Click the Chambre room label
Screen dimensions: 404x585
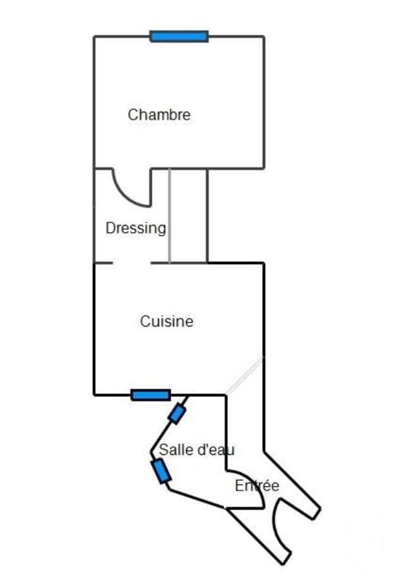coord(159,114)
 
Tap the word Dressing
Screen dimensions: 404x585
coord(136,228)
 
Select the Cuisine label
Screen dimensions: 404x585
coord(167,321)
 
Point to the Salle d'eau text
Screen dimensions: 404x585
coord(196,449)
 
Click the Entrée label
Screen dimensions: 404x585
coord(257,485)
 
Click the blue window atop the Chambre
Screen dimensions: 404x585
coord(179,37)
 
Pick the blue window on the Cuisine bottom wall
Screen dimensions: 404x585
coord(151,394)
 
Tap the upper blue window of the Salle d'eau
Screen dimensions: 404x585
coord(177,414)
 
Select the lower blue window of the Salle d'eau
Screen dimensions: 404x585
coord(161,471)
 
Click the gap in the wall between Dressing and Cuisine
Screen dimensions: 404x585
coord(132,263)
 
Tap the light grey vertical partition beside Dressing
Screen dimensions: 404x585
coord(170,216)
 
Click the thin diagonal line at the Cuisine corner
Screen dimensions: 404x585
coord(244,375)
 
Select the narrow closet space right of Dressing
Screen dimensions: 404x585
coord(188,216)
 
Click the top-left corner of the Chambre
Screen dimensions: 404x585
coord(95,37)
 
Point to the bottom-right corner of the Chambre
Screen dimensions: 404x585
coord(264,168)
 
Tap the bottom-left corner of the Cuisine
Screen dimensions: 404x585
coord(95,394)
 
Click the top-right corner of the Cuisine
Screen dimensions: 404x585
coord(264,263)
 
